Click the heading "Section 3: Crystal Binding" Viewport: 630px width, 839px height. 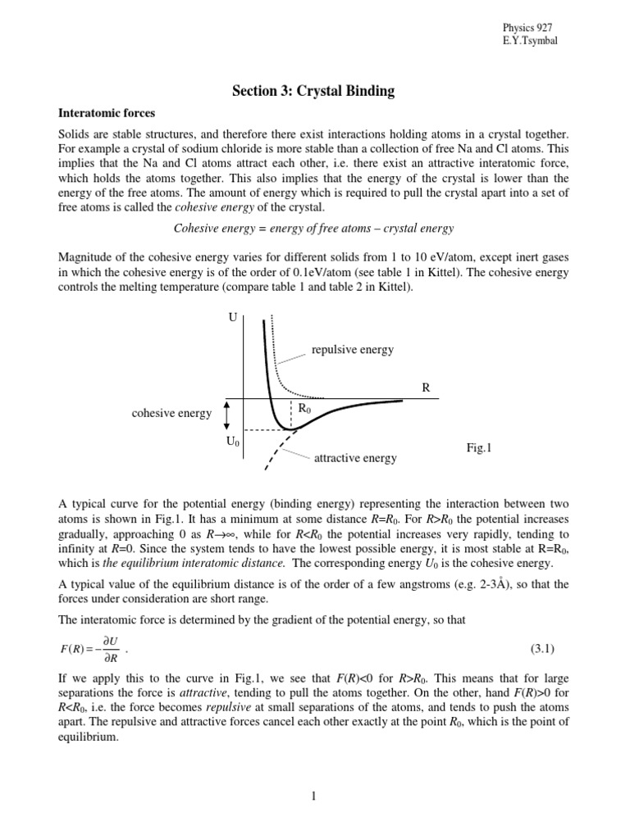coord(314,91)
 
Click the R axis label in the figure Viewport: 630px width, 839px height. coord(426,387)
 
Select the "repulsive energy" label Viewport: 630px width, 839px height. coord(353,350)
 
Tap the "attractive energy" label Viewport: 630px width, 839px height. coord(355,458)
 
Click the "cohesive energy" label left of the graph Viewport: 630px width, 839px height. coord(171,414)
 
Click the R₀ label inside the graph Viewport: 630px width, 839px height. coord(303,408)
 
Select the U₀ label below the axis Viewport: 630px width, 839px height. coord(232,442)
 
